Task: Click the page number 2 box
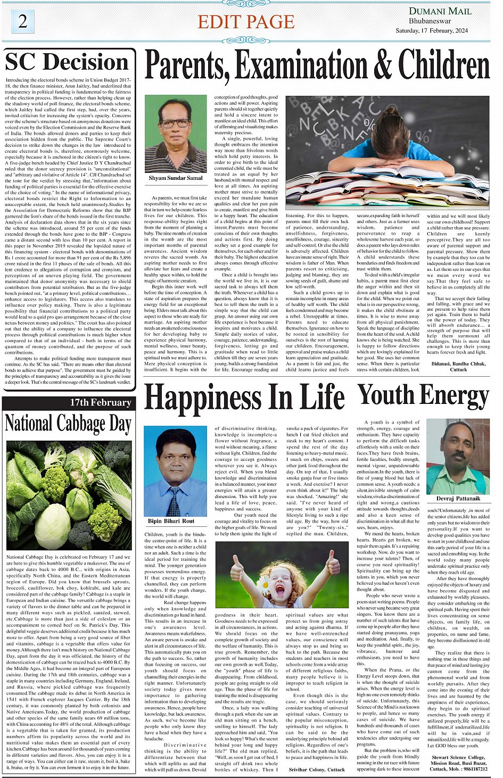(x=22, y=22)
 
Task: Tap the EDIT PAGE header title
(x=246, y=22)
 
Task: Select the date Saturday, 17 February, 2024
(x=432, y=31)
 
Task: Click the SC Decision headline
(x=68, y=62)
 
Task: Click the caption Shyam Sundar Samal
(x=176, y=178)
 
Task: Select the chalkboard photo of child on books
(x=387, y=152)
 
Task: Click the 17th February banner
(x=101, y=403)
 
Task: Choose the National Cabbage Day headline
(x=68, y=424)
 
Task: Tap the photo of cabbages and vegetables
(x=68, y=495)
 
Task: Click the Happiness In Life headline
(x=244, y=398)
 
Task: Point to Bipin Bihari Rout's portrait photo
(x=176, y=470)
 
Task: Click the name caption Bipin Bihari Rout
(x=171, y=521)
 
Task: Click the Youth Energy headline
(x=423, y=396)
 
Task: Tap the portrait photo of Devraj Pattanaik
(x=458, y=457)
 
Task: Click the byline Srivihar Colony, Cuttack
(x=316, y=769)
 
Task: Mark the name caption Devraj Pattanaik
(x=458, y=499)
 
